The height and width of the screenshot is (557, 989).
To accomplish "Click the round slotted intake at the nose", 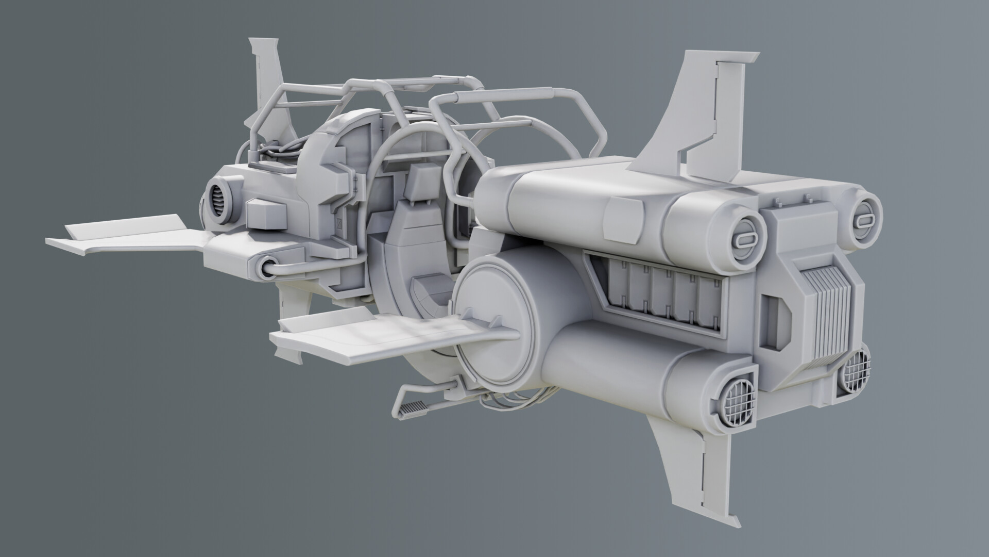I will tap(219, 201).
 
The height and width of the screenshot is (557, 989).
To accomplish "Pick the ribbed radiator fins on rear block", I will tap(829, 320).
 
